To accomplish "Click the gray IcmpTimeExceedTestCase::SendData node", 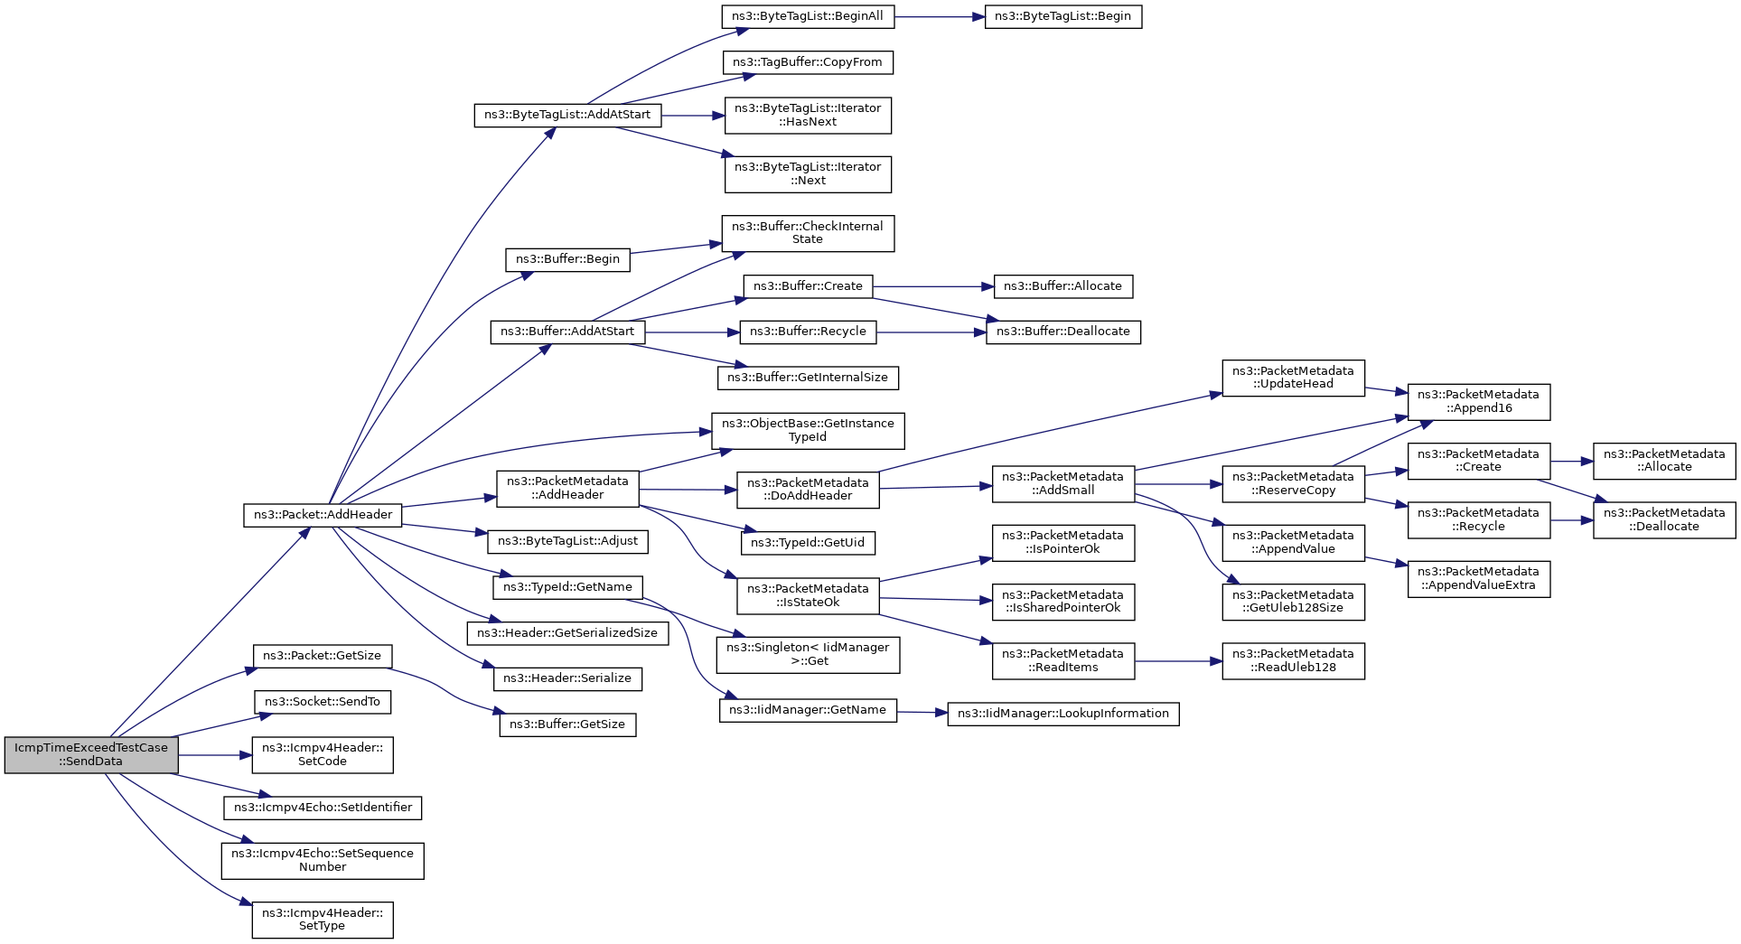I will point(91,754).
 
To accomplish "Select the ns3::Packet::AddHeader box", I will point(323,515).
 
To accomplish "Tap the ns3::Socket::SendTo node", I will point(323,702).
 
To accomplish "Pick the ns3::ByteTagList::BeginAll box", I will point(808,16).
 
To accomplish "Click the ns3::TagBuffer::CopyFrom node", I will point(808,62).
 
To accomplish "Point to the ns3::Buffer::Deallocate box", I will point(1062,332).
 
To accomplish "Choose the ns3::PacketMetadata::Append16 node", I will point(1478,401).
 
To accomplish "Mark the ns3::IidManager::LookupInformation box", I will point(1062,714).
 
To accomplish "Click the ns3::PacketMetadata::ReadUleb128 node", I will point(1293,660).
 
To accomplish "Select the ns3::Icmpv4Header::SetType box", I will point(323,919).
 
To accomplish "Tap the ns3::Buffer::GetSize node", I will point(567,724).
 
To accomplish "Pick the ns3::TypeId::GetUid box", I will point(808,543).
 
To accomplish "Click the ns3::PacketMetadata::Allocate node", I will point(1663,461).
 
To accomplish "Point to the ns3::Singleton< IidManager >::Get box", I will point(808,654).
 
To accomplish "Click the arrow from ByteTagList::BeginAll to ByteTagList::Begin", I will point(940,16).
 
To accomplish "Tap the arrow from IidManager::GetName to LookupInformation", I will point(922,713).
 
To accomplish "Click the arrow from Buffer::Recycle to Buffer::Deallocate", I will point(931,332).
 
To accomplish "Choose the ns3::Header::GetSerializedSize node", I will point(567,633).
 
